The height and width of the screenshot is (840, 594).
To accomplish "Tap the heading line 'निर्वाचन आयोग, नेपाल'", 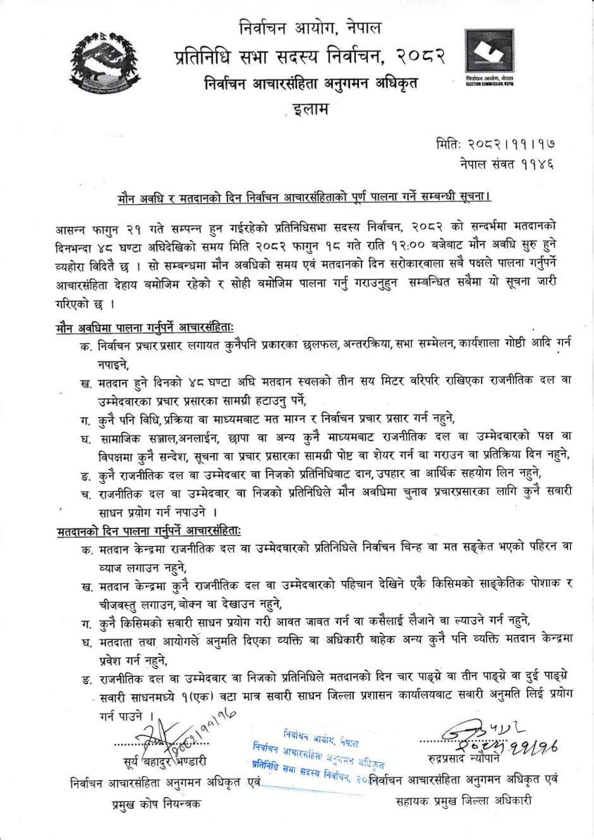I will pos(310,28).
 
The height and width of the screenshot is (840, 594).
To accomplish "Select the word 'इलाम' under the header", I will pos(310,109).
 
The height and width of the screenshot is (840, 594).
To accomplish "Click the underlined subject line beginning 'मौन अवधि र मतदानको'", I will pos(305,197).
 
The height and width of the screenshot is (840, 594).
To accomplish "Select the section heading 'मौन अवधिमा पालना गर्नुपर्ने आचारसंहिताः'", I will pos(144,328).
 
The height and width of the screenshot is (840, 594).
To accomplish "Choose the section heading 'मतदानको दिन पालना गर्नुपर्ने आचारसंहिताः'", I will pos(148,531).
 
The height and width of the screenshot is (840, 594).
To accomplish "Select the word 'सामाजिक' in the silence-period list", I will pos(123,437).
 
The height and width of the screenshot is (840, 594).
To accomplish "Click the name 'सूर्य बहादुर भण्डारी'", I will pos(164,762).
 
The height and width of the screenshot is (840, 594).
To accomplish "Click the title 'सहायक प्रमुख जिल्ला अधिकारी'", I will pos(463,801).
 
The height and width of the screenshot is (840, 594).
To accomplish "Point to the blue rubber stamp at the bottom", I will pos(319,755).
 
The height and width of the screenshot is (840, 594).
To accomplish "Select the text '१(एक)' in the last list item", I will pos(198,694).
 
